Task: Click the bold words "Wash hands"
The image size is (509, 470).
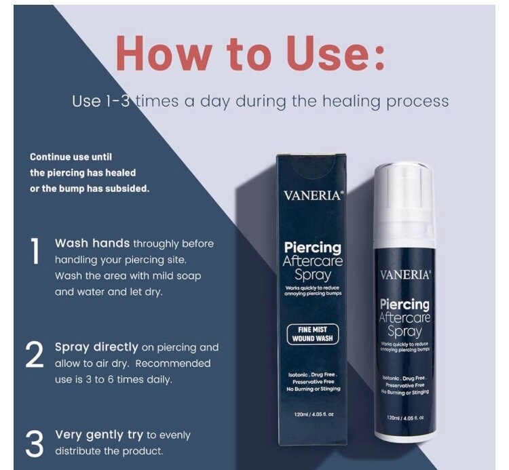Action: (92, 243)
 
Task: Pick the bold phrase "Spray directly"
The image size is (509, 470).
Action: (96, 347)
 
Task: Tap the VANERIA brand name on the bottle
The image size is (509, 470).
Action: (404, 275)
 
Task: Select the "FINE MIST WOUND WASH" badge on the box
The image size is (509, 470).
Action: (313, 334)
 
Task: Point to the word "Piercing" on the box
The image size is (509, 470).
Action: (312, 248)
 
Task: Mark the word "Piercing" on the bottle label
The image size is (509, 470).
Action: (404, 305)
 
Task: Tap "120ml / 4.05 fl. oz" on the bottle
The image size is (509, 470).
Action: (404, 417)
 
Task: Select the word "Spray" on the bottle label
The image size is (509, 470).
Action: (404, 332)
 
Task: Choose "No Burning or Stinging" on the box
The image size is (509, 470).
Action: (312, 389)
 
